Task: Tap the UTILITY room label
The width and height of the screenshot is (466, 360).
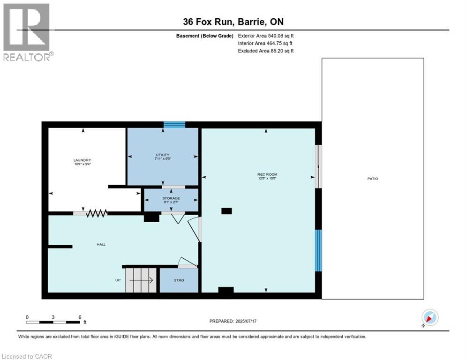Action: point(163,155)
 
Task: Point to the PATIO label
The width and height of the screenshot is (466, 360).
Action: point(373,179)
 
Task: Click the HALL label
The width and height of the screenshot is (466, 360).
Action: point(101,244)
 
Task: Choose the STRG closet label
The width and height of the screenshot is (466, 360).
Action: point(179,280)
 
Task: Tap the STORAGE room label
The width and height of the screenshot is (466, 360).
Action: point(171,198)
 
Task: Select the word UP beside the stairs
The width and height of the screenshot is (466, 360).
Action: point(118,280)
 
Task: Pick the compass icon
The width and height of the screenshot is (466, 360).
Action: point(429,317)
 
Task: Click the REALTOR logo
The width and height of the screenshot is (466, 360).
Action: point(27,32)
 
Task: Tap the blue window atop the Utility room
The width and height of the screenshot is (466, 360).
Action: point(174,125)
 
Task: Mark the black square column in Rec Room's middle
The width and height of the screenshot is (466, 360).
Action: point(226,211)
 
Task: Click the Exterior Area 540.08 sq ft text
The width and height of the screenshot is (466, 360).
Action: point(266,35)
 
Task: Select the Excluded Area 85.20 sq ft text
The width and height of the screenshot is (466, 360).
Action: point(266,51)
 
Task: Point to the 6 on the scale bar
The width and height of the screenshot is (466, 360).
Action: point(80,317)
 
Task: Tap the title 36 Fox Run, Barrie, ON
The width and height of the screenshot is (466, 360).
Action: point(233,22)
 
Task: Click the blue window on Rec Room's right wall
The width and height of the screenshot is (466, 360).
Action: point(318,250)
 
